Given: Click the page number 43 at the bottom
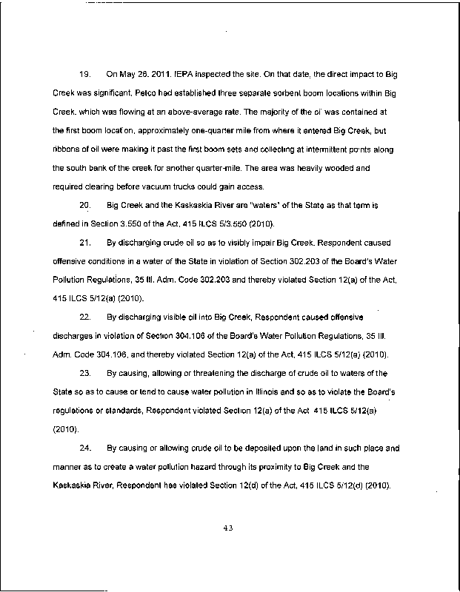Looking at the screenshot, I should click(x=229, y=528).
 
